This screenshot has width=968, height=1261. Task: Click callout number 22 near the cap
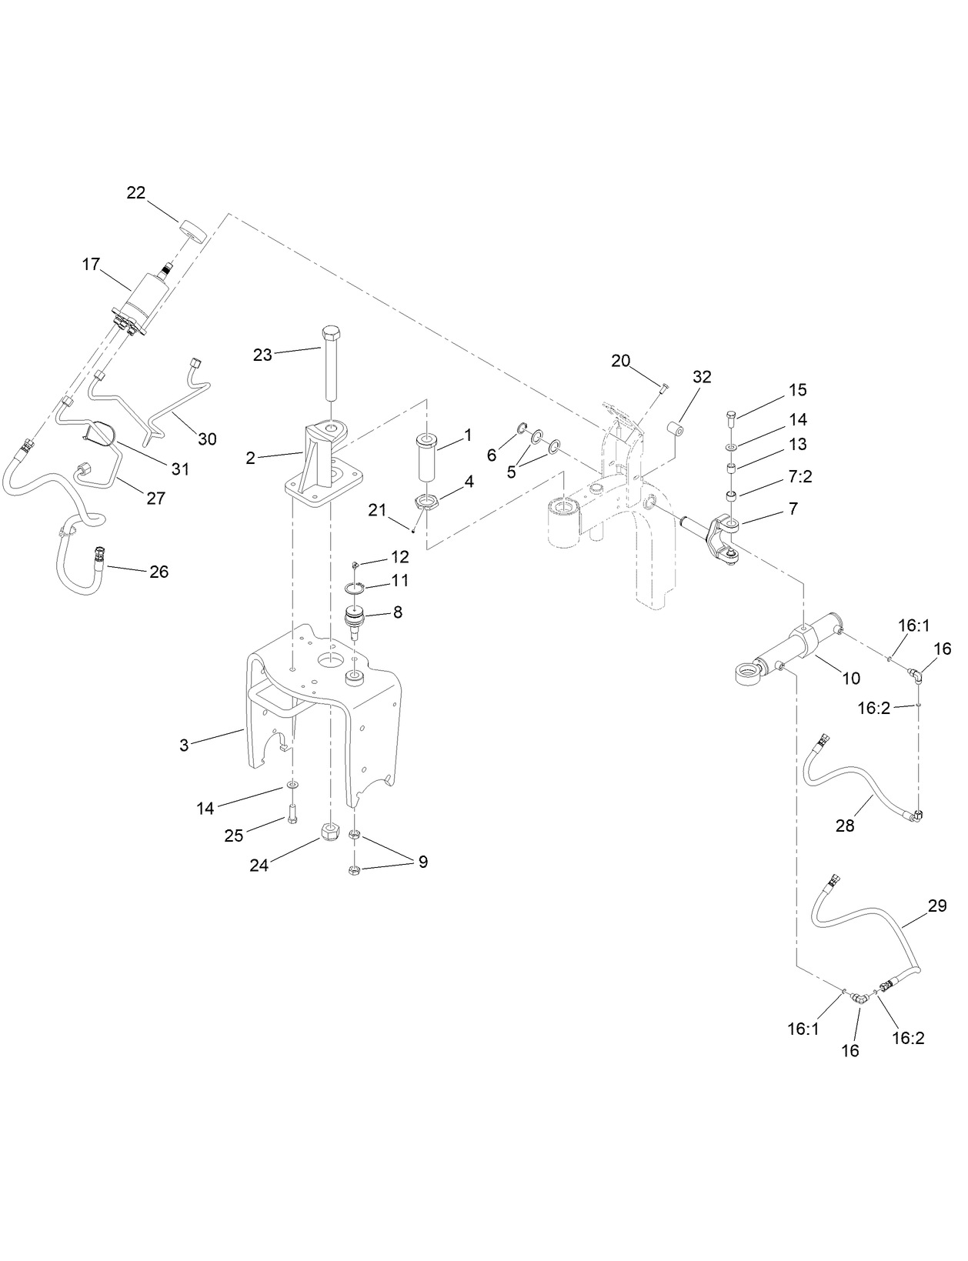coord(136,193)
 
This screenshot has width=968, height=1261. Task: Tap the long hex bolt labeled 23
coord(330,362)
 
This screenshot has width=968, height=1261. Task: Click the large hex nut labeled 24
coord(329,832)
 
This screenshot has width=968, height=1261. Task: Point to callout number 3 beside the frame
coord(184,746)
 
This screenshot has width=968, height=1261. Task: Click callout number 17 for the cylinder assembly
coord(91,265)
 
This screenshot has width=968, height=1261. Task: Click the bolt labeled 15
coord(732,420)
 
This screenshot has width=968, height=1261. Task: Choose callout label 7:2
coord(800,477)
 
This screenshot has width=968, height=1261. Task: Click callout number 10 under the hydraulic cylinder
coord(850,679)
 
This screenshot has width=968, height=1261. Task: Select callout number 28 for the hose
coord(845,826)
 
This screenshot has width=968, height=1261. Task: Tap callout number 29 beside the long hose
coord(936,906)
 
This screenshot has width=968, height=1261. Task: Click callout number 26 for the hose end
coord(159,572)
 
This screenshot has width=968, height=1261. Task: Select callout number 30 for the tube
coord(207,439)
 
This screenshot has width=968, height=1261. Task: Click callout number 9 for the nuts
coord(422,862)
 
